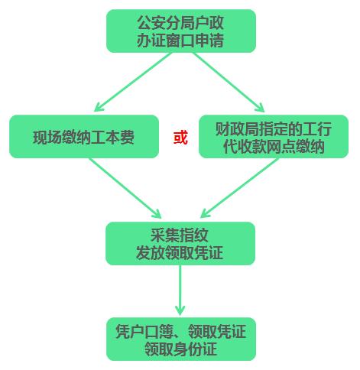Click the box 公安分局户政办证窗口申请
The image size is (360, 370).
click(180, 31)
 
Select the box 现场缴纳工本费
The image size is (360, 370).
click(84, 138)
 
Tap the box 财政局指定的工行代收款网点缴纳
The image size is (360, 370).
click(273, 138)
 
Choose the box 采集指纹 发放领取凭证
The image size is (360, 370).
click(180, 243)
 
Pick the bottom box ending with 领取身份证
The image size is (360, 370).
click(180, 339)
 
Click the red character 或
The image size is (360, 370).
click(180, 138)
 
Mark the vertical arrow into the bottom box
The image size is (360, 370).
click(180, 290)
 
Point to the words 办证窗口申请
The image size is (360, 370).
click(180, 41)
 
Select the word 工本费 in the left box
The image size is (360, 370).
click(117, 138)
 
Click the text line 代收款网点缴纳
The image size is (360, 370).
click(273, 147)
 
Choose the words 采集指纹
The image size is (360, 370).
click(180, 234)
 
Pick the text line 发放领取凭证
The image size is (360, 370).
click(180, 252)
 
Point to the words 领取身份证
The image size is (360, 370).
click(180, 349)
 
